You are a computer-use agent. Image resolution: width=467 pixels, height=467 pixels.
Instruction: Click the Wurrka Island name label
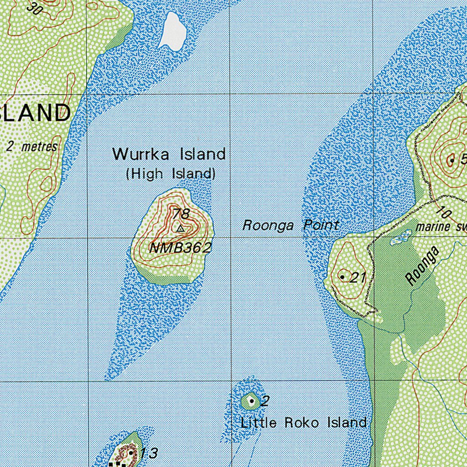(x=169, y=154)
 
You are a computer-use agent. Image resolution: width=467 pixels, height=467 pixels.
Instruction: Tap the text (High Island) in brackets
(x=171, y=174)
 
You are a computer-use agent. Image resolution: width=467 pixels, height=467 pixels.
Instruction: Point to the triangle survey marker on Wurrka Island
(x=181, y=228)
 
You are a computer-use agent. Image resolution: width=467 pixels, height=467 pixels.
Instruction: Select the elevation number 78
(x=181, y=213)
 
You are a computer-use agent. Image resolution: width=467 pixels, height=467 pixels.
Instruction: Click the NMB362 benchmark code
(x=180, y=248)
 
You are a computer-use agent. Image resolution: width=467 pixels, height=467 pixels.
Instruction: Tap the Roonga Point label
(x=291, y=225)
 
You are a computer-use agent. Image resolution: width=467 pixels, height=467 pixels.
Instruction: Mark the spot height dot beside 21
(x=342, y=277)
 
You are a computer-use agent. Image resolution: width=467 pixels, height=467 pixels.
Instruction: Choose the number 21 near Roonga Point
(x=358, y=277)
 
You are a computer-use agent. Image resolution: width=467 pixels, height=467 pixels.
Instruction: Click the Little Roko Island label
(x=303, y=423)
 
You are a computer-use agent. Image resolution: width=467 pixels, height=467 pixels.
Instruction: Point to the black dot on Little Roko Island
(x=251, y=401)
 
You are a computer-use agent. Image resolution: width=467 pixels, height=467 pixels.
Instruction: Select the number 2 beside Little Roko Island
(x=265, y=401)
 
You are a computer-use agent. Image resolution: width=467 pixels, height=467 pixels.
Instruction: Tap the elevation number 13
(x=149, y=453)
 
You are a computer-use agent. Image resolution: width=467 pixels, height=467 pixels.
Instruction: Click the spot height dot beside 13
(x=131, y=453)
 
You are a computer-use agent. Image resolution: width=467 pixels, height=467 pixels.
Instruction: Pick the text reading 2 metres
(x=32, y=146)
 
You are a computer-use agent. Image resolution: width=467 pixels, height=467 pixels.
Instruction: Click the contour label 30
(x=34, y=8)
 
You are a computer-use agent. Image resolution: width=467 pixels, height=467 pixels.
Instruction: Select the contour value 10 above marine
(x=443, y=212)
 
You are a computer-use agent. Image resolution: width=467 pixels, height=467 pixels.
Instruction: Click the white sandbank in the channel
(x=172, y=31)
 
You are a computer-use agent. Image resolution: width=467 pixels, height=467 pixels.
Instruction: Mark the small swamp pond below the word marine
(x=400, y=237)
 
